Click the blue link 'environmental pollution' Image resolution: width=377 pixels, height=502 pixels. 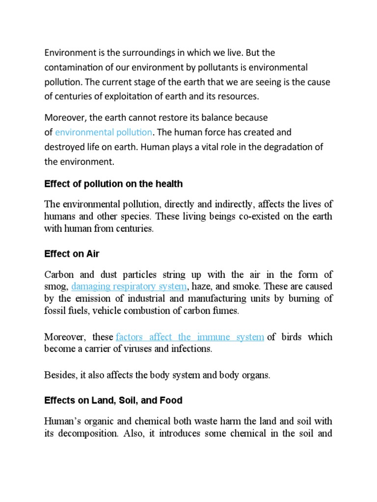pos(104,132)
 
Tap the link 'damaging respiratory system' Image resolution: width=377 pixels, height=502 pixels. pos(129,286)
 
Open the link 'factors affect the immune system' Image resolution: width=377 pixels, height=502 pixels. pos(190,337)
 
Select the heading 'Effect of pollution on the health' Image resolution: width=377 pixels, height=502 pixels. pos(113,184)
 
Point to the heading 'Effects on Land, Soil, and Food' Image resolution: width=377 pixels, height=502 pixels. pos(113,401)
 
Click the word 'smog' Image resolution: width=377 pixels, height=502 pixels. pos(55,287)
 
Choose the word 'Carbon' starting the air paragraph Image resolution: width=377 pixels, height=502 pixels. pos(58,274)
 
